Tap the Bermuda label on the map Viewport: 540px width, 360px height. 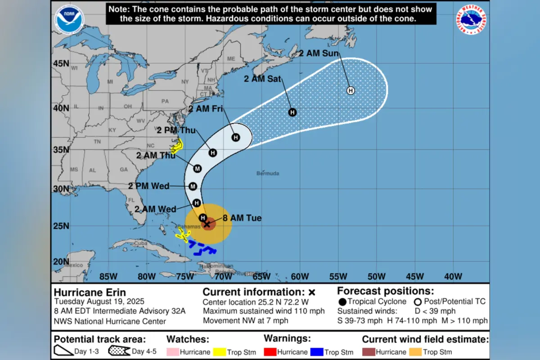coord(268,173)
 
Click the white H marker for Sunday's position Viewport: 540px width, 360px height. coord(351,90)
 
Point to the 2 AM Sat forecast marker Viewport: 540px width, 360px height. coord(292,112)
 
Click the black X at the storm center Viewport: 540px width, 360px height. coord(207,224)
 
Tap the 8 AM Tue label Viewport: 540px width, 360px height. coord(242,218)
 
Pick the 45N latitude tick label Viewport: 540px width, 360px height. coord(61,63)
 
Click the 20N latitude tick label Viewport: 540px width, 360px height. coord(61,262)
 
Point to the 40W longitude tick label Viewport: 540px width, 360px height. coord(453,276)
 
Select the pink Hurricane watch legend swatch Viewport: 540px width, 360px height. coord(172,352)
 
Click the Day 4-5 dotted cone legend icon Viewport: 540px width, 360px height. coord(119,351)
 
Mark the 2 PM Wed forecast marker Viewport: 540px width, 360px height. coord(193,186)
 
